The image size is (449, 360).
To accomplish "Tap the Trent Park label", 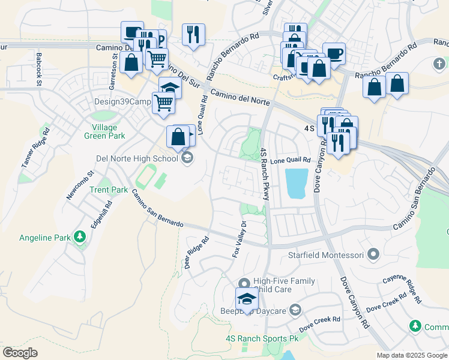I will click(109, 190).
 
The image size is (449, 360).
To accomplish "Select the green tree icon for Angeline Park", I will click(79, 237).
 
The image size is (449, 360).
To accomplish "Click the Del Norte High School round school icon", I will click(187, 158).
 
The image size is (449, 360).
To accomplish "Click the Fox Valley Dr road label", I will click(240, 239).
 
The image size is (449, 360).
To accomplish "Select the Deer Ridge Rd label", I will click(196, 251).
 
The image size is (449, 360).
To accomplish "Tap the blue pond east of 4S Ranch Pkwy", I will click(297, 183).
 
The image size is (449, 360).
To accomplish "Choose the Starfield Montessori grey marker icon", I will click(373, 255).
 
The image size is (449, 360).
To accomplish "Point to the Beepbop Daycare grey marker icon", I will click(295, 310).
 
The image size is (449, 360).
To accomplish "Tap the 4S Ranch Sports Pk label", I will click(262, 338).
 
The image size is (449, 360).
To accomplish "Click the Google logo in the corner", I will click(20, 352).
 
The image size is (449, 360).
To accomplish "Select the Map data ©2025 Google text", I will click(411, 355).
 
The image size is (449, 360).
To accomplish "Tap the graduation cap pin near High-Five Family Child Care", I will click(246, 299).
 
